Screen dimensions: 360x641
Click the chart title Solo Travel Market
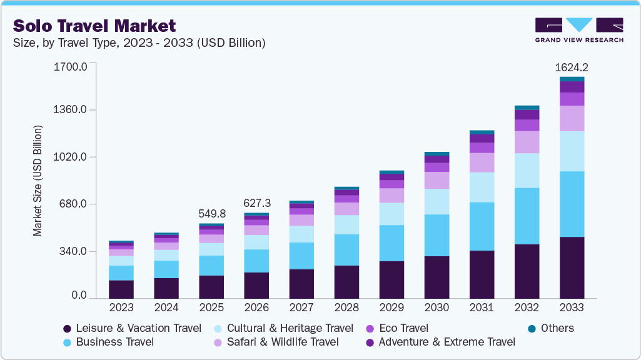[x=94, y=26]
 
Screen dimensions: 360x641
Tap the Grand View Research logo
[x=579, y=30]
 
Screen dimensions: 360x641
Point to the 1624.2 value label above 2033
[x=572, y=67]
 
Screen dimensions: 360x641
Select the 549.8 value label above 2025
[x=211, y=214]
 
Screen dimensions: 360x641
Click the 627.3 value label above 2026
[x=256, y=204]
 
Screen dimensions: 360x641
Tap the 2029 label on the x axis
[x=391, y=308]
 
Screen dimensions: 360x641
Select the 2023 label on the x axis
[x=121, y=308]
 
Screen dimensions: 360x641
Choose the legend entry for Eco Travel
[x=396, y=328]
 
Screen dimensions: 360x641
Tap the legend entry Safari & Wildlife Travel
[x=276, y=342]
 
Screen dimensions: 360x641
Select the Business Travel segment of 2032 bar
[x=527, y=216]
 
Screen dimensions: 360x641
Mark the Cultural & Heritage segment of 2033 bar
[x=572, y=151]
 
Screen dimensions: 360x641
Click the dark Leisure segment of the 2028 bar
[x=346, y=282]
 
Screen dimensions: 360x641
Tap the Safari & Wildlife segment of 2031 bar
[x=482, y=162]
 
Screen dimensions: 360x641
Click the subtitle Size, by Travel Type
[x=139, y=43]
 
